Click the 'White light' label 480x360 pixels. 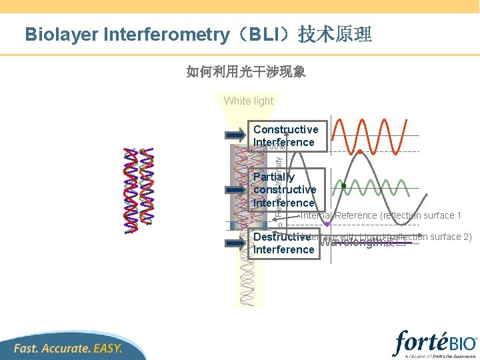tap(249, 101)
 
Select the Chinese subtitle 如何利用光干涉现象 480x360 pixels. tap(246, 71)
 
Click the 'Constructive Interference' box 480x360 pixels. tap(286, 136)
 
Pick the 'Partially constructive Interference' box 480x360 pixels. tap(285, 189)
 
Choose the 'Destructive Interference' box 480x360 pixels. tap(283, 243)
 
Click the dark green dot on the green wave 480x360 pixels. tap(344, 186)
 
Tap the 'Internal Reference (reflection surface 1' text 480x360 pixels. tap(381, 215)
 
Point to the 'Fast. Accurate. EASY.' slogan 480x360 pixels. tap(68, 348)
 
